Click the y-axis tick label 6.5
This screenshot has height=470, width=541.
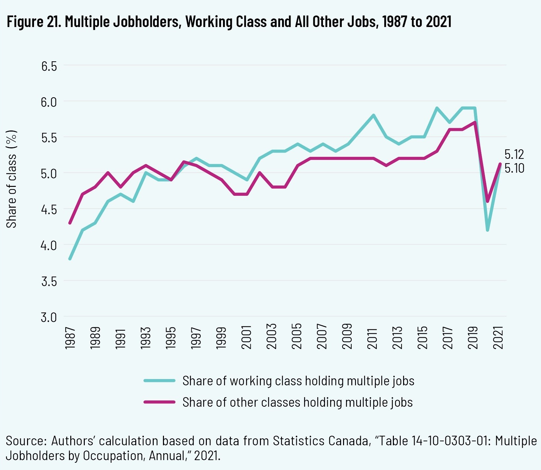49,66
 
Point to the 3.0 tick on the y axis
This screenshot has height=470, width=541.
49,317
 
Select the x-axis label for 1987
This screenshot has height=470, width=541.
70,338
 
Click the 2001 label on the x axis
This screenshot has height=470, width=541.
246,338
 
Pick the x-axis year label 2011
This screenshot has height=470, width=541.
372,338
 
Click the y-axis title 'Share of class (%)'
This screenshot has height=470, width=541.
12,179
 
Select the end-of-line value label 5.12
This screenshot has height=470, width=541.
514,154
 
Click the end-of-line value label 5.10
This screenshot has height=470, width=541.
514,168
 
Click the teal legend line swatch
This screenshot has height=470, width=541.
159,381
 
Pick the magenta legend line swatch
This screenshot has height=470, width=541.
159,402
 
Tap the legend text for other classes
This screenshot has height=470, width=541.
298,402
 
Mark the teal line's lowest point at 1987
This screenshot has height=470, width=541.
70,259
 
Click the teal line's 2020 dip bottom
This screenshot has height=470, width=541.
487,230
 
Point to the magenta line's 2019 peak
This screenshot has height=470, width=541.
475,123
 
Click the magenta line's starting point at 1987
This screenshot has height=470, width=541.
70,223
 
